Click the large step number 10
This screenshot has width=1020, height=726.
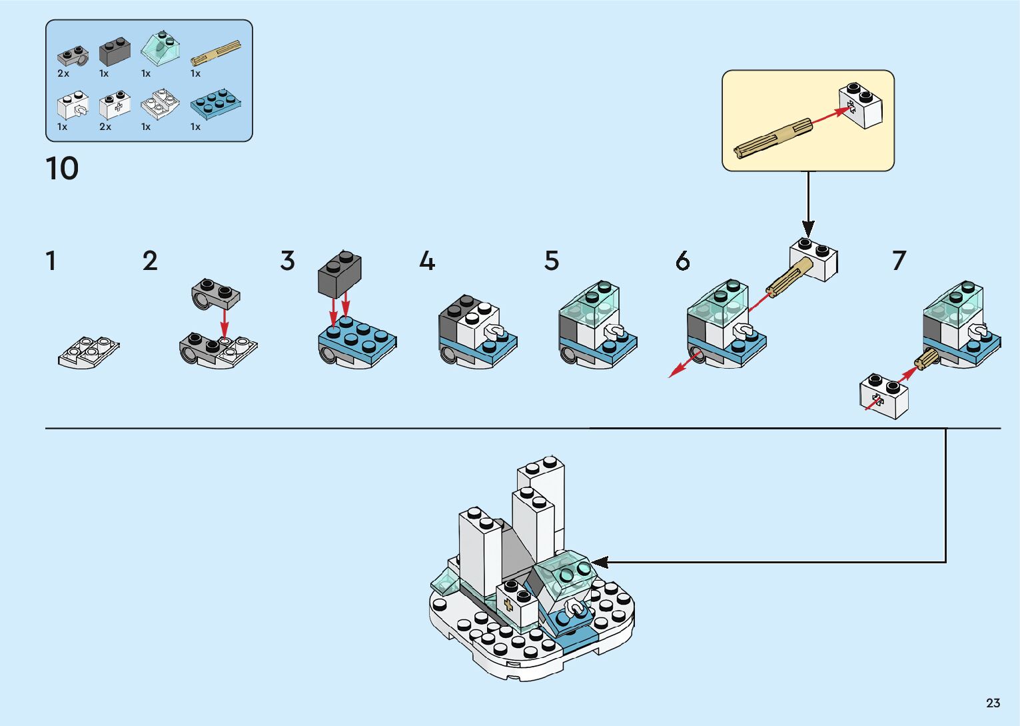(62, 169)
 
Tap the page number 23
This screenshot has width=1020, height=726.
(993, 703)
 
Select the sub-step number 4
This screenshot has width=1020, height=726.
(427, 261)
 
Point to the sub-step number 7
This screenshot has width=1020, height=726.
(899, 261)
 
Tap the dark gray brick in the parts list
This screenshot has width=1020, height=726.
(115, 51)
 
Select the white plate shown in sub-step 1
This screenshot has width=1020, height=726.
(88, 351)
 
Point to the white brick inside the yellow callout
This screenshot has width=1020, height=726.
(861, 105)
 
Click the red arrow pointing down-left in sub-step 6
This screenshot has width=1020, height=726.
(683, 366)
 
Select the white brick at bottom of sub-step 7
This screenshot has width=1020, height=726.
(884, 396)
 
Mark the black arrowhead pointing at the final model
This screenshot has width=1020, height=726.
(600, 562)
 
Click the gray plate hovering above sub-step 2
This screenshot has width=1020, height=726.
(215, 295)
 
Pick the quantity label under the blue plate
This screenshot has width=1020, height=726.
(195, 127)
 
